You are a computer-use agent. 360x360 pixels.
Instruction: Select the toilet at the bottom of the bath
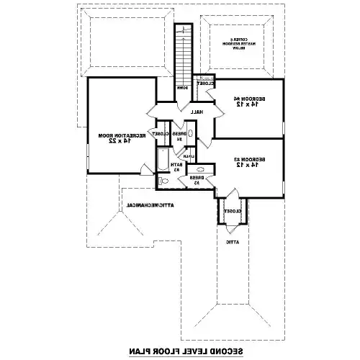point(164,182)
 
